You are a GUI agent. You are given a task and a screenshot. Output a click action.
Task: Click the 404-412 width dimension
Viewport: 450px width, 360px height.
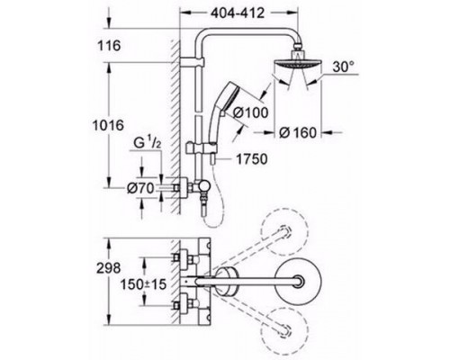tap(238, 13)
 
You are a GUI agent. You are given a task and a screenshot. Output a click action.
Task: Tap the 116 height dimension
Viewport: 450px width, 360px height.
tap(109, 46)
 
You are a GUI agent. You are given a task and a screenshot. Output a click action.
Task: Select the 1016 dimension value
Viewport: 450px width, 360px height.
tap(108, 125)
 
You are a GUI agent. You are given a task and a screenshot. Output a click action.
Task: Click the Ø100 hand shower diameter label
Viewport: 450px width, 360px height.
tap(251, 112)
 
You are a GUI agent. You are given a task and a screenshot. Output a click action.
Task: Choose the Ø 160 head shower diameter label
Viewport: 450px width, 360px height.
tap(298, 132)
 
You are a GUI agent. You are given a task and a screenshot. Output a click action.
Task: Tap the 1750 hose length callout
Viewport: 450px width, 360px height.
tap(252, 159)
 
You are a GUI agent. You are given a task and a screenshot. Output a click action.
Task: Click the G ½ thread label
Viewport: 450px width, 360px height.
tap(148, 143)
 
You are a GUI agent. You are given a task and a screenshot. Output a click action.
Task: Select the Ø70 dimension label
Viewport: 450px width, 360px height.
tap(140, 188)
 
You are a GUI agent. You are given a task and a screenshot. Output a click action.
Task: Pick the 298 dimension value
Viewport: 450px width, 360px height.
tap(108, 268)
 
